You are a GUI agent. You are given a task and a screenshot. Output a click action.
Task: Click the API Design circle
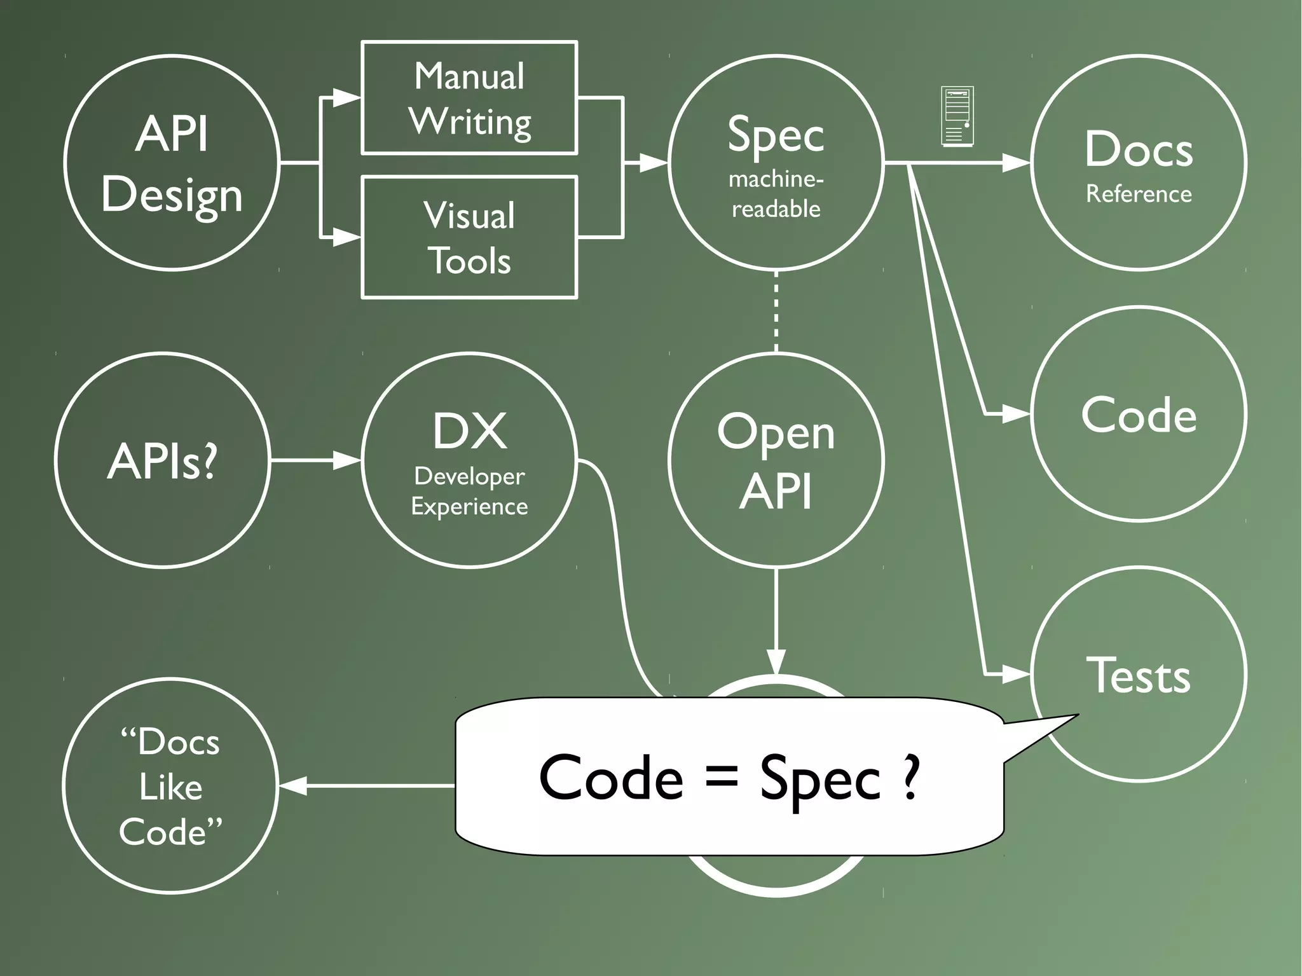click(172, 163)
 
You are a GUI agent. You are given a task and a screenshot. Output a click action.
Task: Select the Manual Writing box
click(469, 98)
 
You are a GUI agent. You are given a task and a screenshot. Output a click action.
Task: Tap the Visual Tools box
click(469, 237)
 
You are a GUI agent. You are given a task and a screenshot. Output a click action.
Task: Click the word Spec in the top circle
click(776, 135)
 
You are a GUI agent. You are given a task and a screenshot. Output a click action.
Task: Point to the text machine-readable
click(776, 194)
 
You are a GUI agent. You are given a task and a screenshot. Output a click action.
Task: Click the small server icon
click(957, 117)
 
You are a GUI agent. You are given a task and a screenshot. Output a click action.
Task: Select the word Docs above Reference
click(1139, 149)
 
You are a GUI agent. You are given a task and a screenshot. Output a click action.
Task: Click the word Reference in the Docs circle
click(1139, 194)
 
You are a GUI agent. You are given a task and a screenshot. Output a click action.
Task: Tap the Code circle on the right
click(1139, 414)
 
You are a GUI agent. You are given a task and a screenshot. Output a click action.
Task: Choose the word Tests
click(1138, 675)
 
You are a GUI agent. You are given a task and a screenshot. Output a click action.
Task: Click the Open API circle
click(776, 460)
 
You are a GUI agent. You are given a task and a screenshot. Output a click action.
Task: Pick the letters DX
click(470, 432)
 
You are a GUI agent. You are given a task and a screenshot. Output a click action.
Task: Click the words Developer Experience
click(469, 491)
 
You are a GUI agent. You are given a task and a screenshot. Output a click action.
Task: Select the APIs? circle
click(163, 460)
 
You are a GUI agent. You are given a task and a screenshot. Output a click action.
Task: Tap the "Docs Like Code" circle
click(170, 786)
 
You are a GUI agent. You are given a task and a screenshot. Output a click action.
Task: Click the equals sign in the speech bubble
click(722, 777)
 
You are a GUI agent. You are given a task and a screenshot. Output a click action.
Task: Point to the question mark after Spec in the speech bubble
click(910, 777)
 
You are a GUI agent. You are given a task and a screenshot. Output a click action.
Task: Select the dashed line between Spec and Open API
click(776, 312)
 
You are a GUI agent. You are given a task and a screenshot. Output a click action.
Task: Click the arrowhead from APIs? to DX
click(347, 460)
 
